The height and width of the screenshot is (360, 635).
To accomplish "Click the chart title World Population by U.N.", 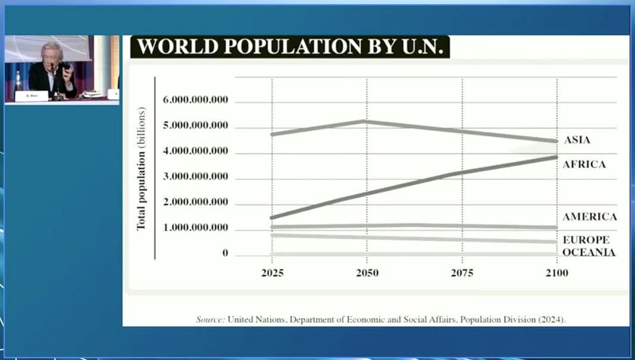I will pos(290,47).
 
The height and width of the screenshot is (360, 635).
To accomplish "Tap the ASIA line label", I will pos(577,140).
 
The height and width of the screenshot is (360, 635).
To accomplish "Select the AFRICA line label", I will pos(584,164).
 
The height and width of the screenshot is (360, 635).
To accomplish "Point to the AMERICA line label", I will pos(589,217).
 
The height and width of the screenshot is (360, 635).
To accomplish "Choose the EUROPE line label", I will pos(586,240).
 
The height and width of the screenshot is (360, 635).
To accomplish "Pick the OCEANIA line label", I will pos(589,252).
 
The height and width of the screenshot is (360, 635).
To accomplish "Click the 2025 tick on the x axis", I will pos(272,273).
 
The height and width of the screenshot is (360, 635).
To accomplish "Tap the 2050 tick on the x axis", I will pos(367,273).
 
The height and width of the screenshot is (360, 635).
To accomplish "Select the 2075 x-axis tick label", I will pos(462,273).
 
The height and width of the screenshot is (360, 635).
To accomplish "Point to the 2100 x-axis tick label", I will pos(557,273).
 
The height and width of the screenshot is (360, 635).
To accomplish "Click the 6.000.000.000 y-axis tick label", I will pos(195,100).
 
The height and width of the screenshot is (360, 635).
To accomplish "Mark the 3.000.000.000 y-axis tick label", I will pos(195,176).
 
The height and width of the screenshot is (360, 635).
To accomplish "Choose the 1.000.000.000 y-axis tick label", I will pos(195,228).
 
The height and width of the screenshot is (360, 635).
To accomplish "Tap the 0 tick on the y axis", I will pos(225,253).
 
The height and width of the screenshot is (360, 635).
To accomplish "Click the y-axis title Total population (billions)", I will pos(141,169).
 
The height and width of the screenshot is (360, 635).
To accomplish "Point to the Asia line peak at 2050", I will pos(364,121).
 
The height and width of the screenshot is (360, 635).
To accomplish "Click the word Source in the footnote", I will pos(210,320).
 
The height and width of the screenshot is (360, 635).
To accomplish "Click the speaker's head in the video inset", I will pos(48,53).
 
